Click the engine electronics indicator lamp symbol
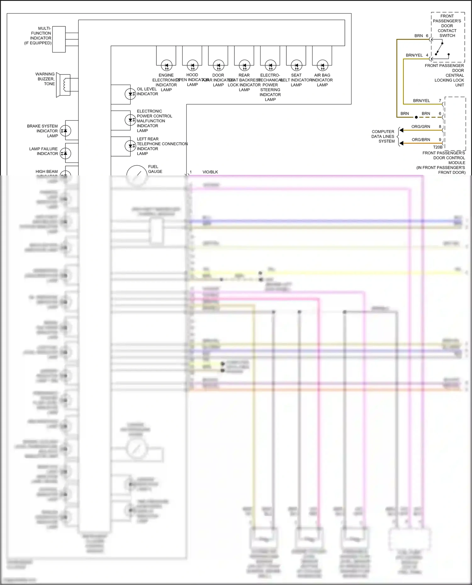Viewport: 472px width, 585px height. pos(166,66)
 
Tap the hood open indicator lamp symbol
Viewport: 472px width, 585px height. pos(192,66)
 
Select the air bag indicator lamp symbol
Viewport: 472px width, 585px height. pos(322,66)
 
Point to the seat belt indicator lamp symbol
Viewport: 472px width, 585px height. pos(296,66)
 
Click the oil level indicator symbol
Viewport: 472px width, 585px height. pos(130,94)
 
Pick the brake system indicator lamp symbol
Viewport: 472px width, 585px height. pos(65,130)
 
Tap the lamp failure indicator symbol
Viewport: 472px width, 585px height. pos(65,153)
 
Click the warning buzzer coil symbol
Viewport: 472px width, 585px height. pos(65,85)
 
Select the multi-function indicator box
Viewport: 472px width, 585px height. pos(59,39)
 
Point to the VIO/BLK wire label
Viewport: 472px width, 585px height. pos(210,172)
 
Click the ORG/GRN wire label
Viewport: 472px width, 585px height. pos(421,127)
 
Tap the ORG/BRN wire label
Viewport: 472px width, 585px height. pos(421,140)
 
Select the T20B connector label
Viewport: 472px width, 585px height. pos(438,147)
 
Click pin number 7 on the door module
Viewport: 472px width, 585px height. pos(440,101)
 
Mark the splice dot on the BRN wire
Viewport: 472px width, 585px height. pos(416,117)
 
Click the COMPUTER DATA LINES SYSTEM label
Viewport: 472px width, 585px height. pos(383,136)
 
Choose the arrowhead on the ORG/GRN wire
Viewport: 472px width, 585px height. pos(401,130)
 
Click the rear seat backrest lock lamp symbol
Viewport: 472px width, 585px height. pos(244,66)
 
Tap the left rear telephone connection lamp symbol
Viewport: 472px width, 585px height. pos(130,146)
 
